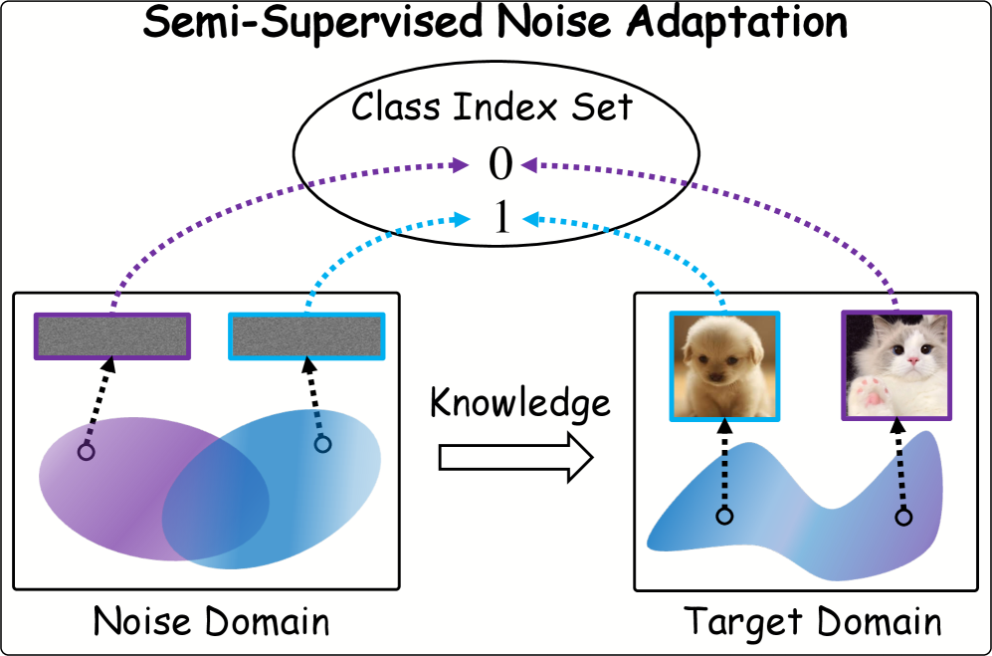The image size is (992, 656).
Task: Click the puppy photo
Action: coord(724,366)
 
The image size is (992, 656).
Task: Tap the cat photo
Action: coord(896,365)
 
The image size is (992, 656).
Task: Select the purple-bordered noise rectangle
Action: coord(112,336)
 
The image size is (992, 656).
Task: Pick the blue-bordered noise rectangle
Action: coord(306,336)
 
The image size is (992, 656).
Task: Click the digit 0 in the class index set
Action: coord(499,164)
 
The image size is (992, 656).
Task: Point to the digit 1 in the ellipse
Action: coord(501,218)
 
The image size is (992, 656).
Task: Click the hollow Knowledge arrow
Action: coord(515,458)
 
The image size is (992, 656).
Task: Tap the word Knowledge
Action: coord(520,403)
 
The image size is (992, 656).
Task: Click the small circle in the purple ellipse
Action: coord(86,452)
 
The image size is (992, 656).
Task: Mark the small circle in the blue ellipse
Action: coord(322,444)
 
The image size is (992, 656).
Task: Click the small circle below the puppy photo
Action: coord(725,516)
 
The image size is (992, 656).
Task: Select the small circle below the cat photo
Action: coord(904,518)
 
